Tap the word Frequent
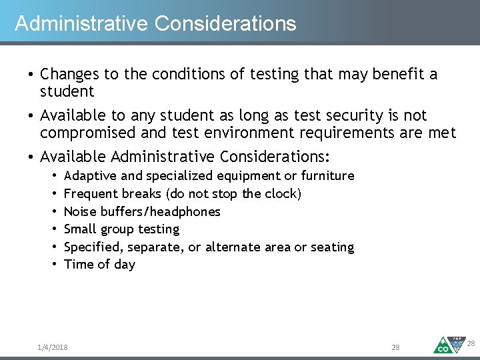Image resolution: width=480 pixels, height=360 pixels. click(91, 194)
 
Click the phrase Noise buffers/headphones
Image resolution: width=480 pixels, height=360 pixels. click(141, 212)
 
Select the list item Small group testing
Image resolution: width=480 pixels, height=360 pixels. click(121, 229)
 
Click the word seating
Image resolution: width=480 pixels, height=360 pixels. click(332, 247)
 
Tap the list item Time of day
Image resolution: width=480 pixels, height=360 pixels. click(99, 265)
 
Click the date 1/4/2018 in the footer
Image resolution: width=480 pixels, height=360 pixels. click(53, 347)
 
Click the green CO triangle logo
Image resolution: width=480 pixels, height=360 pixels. click(443, 345)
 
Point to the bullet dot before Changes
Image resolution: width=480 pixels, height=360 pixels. click(31, 74)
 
